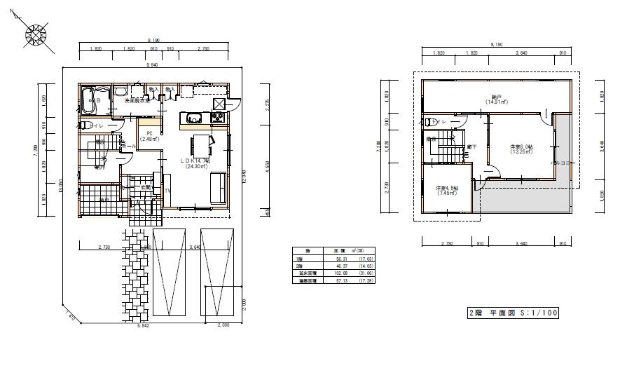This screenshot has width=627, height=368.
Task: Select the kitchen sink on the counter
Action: [x=191, y=117]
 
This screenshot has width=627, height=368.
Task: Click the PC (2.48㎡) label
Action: [x=149, y=136]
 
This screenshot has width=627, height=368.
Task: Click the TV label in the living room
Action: [x=168, y=190]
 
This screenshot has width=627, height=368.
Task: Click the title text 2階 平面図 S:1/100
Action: [x=513, y=313]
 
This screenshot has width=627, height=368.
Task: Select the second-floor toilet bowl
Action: [x=429, y=121]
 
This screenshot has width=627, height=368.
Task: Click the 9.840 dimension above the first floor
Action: [x=151, y=65]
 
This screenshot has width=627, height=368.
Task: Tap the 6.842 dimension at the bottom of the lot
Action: [x=143, y=326]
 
